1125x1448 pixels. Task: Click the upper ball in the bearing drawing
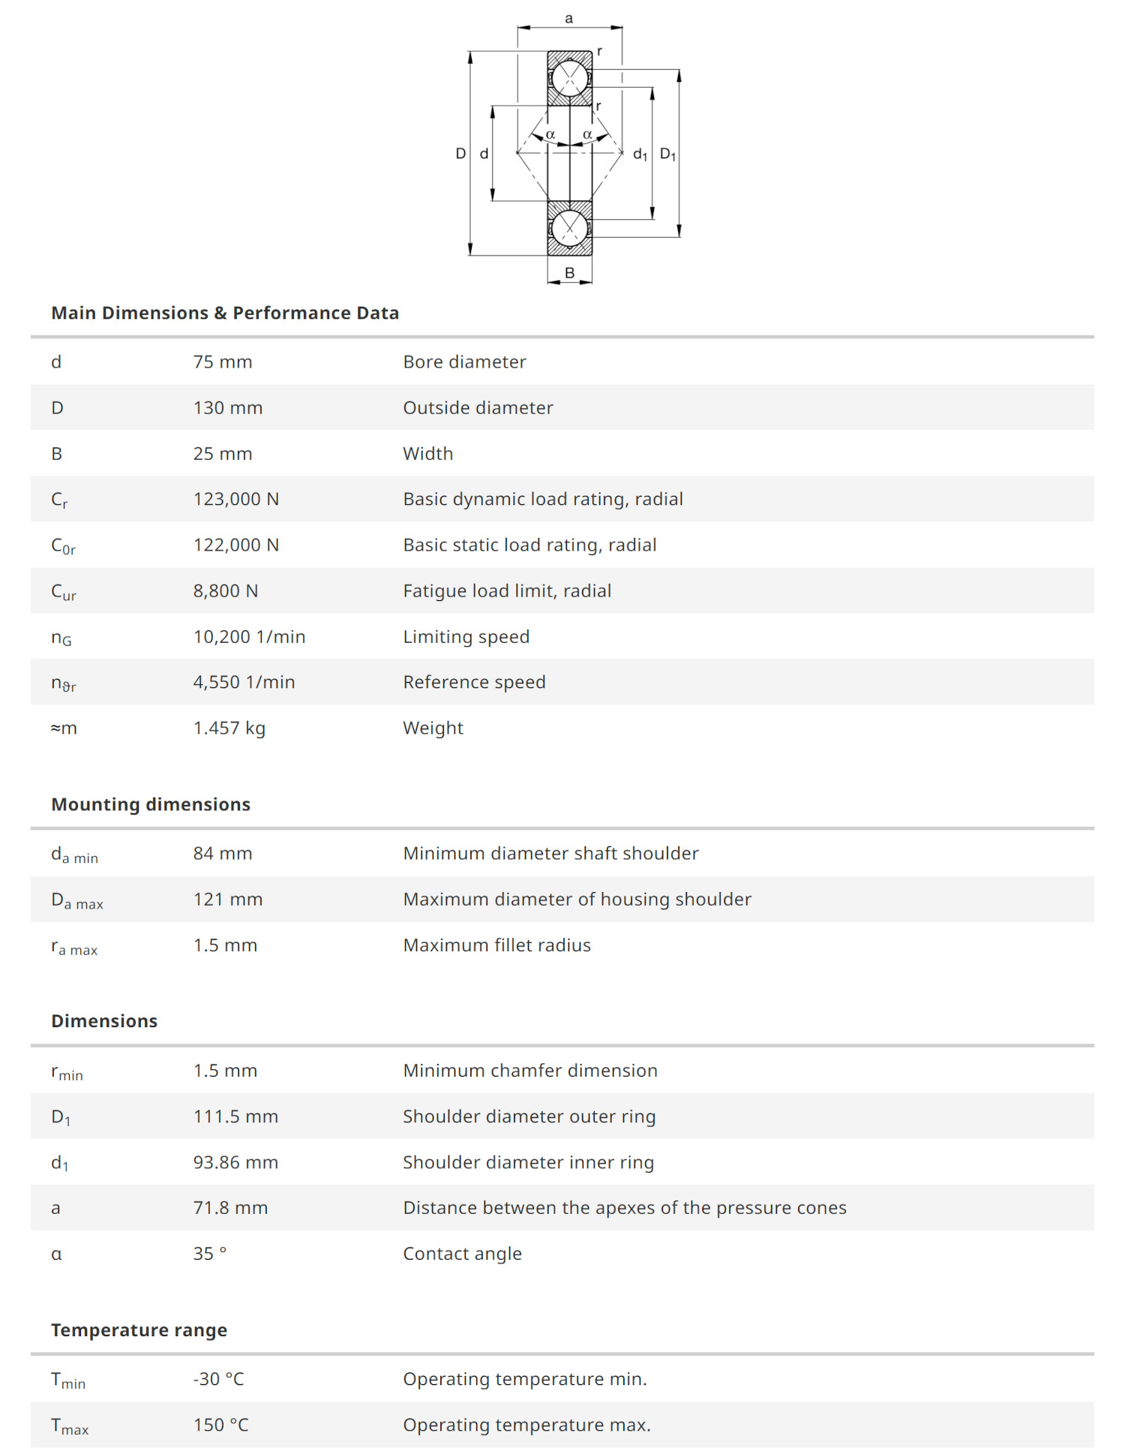[570, 78]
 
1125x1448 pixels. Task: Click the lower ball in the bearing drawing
[570, 227]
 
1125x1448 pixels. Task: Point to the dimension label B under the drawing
[569, 273]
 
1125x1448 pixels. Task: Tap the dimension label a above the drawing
[568, 19]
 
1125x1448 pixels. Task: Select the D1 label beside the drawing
[667, 155]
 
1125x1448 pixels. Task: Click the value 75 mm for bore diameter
[223, 362]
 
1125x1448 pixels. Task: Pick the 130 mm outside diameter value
[228, 408]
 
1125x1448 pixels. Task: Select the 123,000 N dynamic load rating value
[236, 500]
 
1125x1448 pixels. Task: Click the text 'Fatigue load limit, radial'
[507, 591]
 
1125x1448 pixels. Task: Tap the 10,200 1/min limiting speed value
[249, 637]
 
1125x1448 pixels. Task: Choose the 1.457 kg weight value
[229, 729]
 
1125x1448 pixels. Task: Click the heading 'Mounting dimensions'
[151, 804]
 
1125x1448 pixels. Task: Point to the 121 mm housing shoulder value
[228, 900]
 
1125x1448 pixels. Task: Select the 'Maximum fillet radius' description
[496, 945]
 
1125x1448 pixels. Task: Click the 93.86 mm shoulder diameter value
[235, 1163]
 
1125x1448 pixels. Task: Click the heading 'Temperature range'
[139, 1330]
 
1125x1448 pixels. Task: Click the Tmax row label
[70, 1426]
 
